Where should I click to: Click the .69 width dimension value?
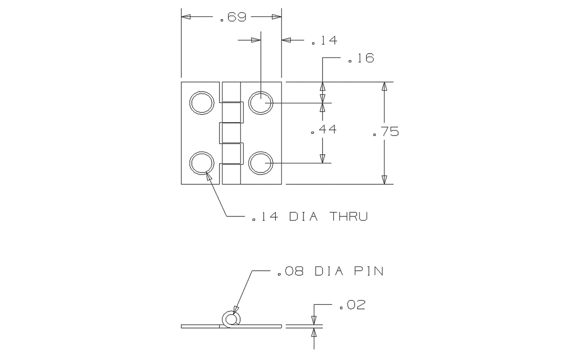tap(233, 17)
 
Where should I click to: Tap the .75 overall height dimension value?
tap(386, 132)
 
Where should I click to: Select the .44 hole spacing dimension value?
tap(324, 129)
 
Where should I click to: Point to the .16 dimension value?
tap(361, 58)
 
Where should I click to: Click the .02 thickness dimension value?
tap(352, 305)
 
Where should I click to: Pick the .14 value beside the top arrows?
tap(324, 40)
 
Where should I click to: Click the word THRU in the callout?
tap(348, 216)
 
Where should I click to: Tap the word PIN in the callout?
tap(369, 271)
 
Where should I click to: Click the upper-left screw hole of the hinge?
tap(202, 103)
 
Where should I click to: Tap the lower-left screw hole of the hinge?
tap(202, 163)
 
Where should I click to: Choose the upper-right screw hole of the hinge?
tap(261, 103)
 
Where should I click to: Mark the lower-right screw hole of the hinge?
tap(261, 163)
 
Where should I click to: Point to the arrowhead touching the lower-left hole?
tap(208, 177)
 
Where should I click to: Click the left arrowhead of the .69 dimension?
tap(186, 17)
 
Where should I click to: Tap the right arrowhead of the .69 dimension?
tap(277, 17)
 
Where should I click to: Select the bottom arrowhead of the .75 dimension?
tap(384, 180)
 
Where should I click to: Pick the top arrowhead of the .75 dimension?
tap(384, 87)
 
